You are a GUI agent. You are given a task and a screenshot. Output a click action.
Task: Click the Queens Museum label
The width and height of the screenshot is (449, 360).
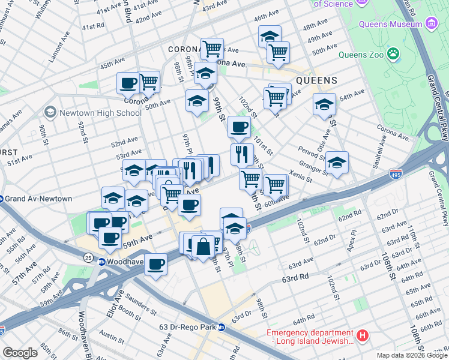point(390,24)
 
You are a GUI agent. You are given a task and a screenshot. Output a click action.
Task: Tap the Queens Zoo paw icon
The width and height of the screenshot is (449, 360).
point(393,54)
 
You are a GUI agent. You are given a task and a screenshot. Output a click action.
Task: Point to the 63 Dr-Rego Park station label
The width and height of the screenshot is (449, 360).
point(185,327)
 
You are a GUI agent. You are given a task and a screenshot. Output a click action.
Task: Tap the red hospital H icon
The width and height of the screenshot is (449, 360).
point(363,337)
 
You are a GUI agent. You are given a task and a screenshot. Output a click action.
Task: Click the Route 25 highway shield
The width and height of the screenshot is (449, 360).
point(88,258)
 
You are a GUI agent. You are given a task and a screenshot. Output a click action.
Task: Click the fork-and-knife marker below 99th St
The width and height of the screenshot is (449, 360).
point(242,155)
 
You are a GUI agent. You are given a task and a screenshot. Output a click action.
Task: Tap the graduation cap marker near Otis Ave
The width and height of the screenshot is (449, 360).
point(324,104)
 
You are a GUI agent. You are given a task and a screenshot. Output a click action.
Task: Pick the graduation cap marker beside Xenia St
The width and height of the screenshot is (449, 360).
point(337,163)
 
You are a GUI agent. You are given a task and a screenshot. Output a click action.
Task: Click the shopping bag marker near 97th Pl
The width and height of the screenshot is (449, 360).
point(203,246)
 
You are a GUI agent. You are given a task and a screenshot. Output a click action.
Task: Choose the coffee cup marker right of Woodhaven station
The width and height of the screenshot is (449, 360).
point(156,263)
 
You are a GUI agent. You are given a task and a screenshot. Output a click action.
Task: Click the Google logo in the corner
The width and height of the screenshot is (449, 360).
point(20,352)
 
